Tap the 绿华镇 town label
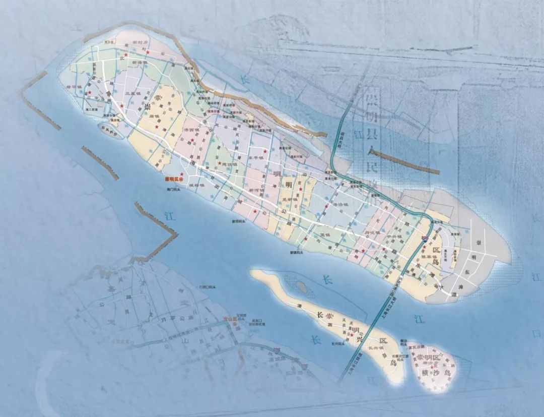click(x=74, y=87)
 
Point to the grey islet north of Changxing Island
click(x=302, y=286)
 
